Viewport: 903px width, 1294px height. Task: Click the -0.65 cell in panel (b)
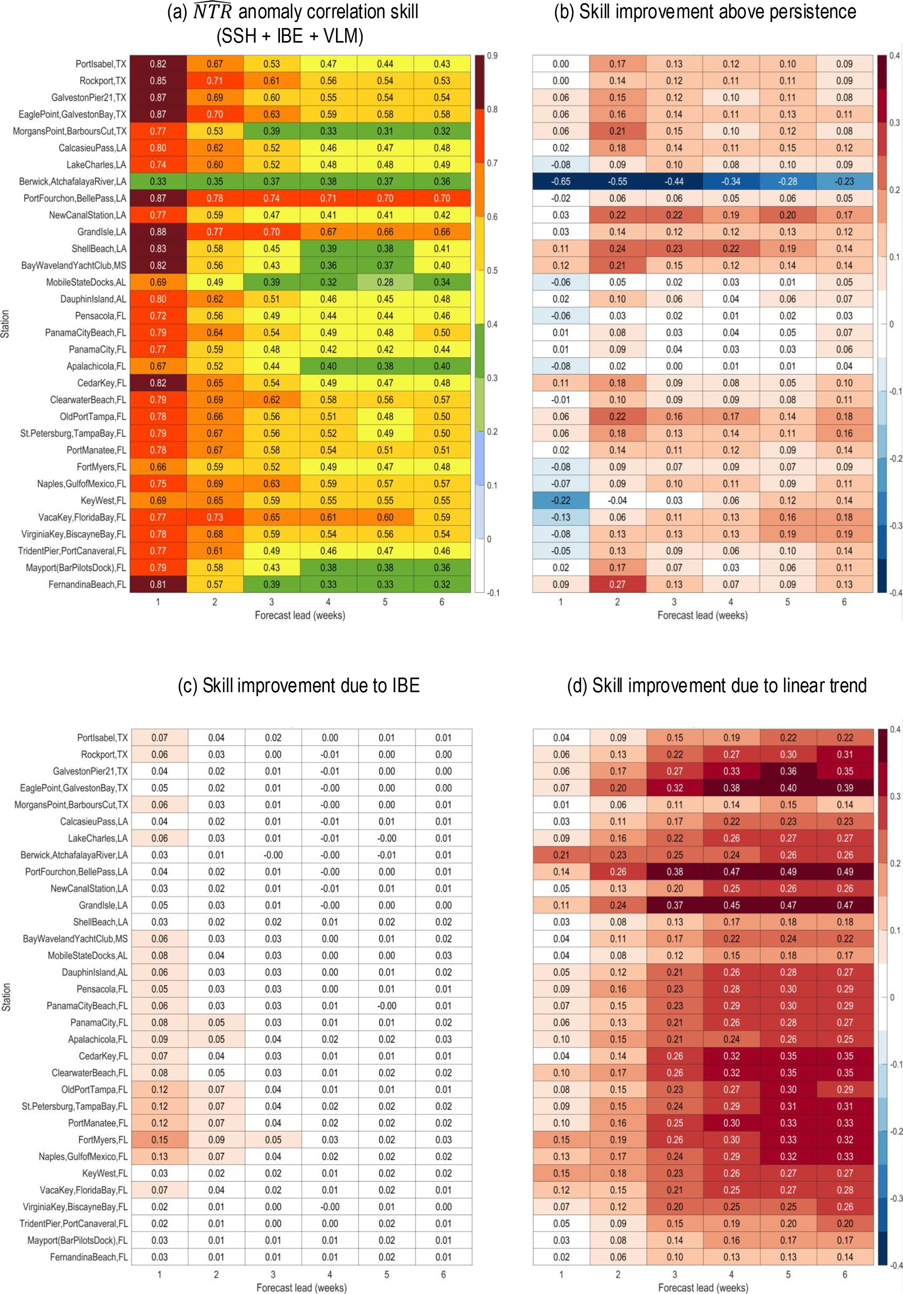coord(560,182)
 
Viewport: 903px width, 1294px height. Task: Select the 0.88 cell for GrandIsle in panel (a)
coord(158,231)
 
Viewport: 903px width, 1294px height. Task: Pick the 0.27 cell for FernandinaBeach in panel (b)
coord(617,584)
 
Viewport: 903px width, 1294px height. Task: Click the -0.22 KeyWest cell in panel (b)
coord(560,500)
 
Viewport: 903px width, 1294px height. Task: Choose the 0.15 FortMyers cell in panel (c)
coord(159,1139)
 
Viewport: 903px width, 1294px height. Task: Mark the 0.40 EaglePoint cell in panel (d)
coord(788,788)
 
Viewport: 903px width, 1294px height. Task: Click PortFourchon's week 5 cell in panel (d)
coord(788,872)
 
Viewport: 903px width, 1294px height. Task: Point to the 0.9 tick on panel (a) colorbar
coord(492,56)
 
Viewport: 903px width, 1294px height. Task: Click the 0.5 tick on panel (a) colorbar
coord(492,270)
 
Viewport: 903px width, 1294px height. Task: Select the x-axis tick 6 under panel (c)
coord(443,1274)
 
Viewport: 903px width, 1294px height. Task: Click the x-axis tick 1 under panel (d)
coord(561,1274)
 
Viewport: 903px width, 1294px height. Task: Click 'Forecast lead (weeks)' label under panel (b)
coord(702,615)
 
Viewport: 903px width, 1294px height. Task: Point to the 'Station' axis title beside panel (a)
coord(6,324)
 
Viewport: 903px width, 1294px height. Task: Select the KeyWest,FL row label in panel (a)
coord(103,500)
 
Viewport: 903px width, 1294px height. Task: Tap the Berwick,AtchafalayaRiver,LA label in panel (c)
coord(74,855)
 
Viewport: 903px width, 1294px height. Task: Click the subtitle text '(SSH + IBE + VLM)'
coord(290,37)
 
